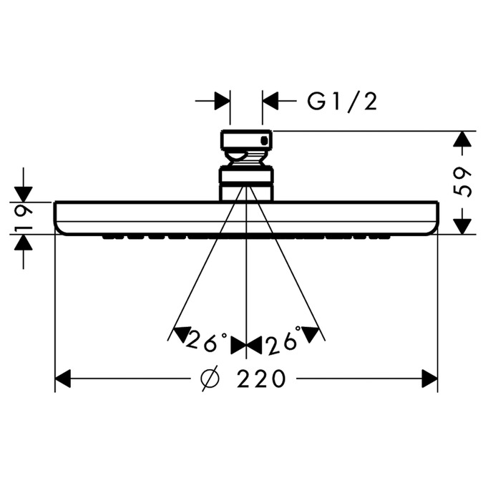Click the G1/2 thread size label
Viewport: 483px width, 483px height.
341,102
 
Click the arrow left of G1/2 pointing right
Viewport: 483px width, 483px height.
223,102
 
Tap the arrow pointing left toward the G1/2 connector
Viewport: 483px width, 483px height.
270,102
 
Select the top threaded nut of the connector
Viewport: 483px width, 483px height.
246,141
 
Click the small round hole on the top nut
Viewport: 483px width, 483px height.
265,141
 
